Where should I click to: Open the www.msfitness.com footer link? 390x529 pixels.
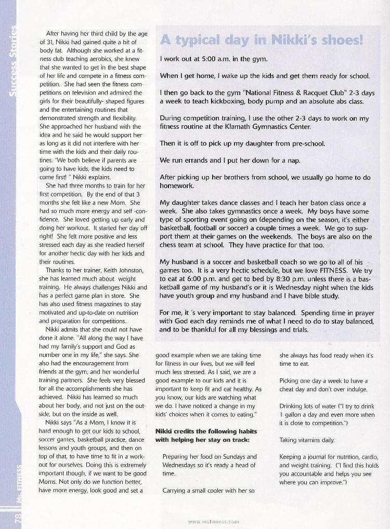point(214,521)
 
